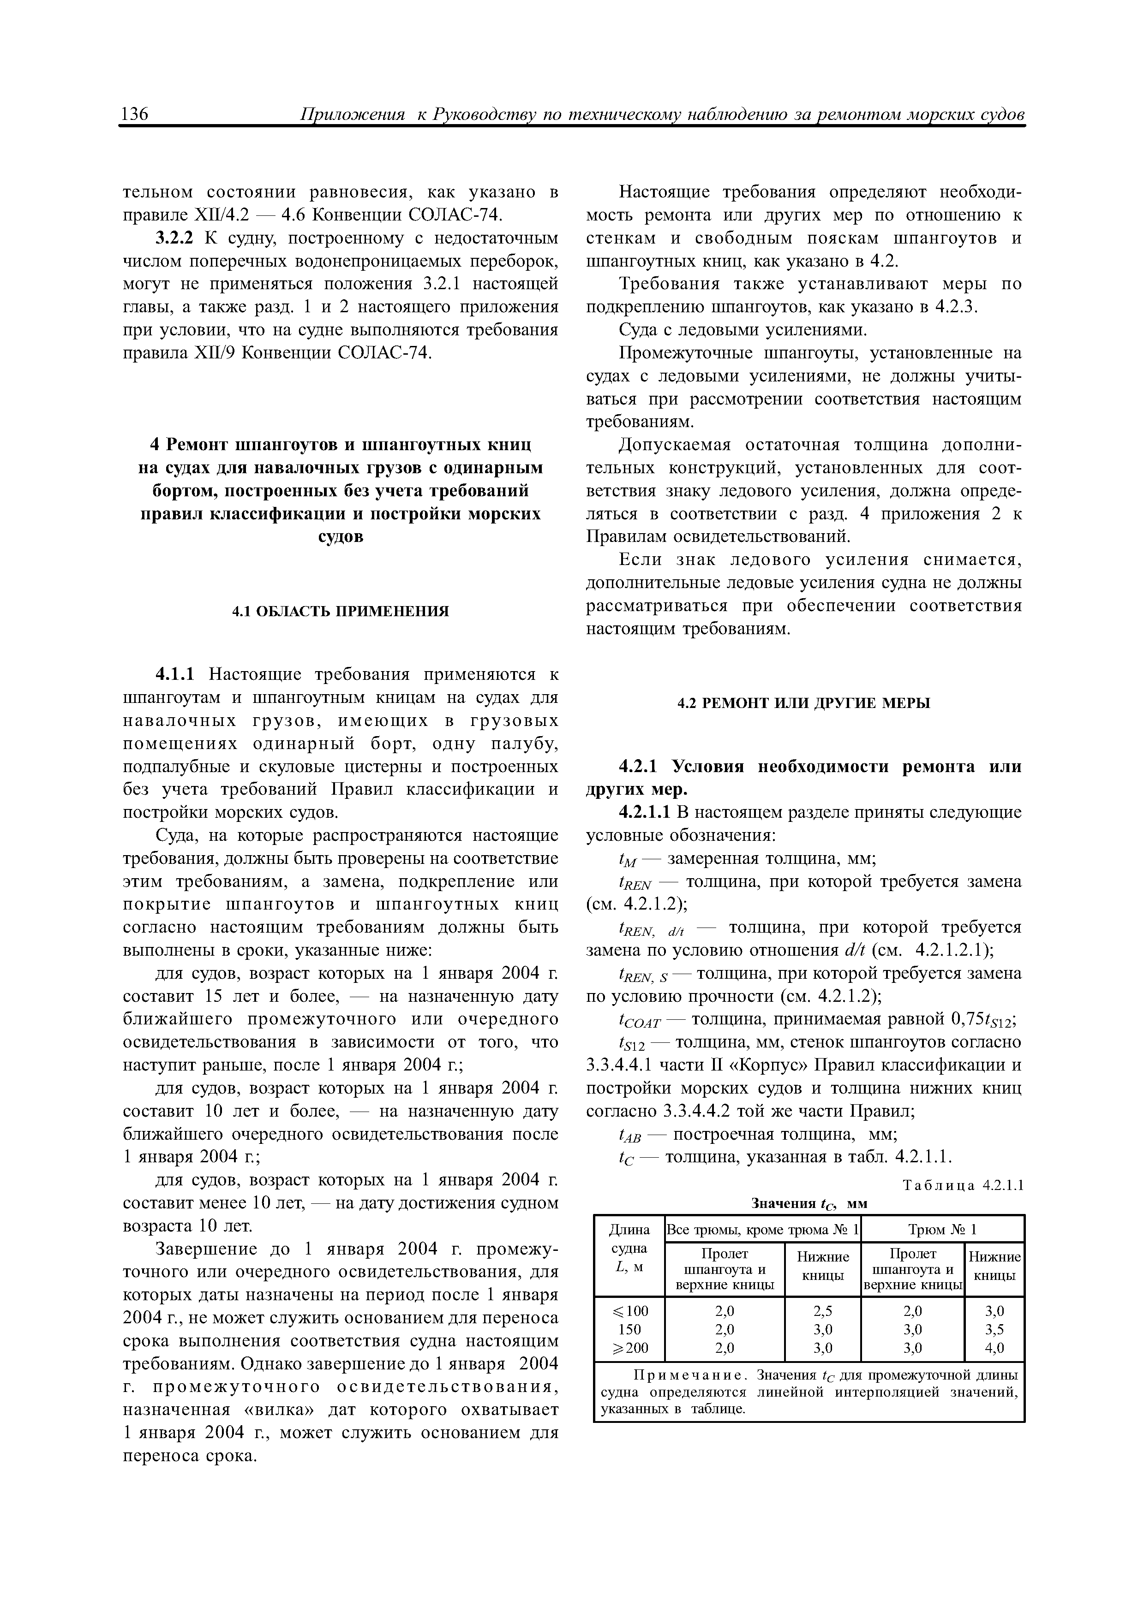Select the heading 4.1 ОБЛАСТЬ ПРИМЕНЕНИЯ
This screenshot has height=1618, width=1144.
[341, 611]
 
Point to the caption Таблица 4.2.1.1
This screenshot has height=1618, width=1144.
[962, 1185]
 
